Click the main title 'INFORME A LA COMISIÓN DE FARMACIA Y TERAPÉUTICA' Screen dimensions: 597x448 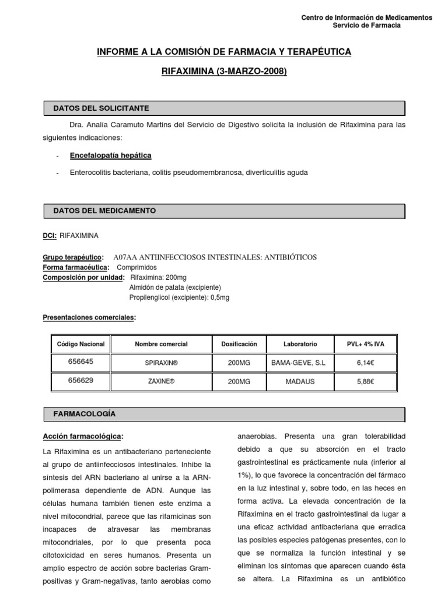point(224,52)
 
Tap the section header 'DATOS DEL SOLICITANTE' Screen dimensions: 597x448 point(101,108)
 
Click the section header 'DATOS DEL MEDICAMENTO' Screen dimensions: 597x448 point(104,210)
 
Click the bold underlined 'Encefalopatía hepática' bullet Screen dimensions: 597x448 point(110,156)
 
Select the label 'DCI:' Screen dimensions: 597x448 point(50,236)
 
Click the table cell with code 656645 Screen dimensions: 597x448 point(80,361)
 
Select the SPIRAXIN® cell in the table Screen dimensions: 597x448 point(161,363)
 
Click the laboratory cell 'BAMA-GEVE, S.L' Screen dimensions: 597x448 point(299,363)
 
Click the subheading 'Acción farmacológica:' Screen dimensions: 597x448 point(83,436)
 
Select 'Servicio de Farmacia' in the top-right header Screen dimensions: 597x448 point(366,26)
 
